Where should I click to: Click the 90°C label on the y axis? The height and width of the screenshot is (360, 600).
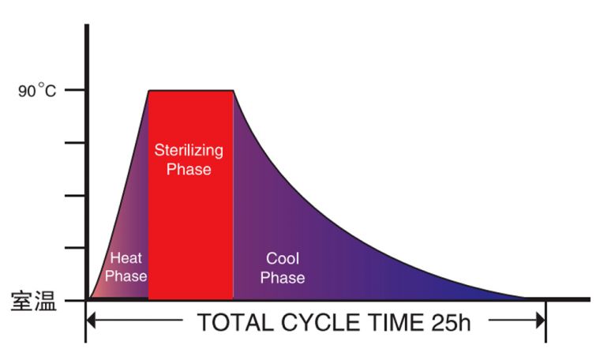38,91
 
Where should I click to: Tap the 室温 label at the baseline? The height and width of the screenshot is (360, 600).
34,301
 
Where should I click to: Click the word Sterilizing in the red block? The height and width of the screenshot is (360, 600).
189,150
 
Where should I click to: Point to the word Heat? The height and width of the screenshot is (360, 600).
126,258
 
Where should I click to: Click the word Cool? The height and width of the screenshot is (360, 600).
282,259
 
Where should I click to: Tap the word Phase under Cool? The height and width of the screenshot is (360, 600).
282,277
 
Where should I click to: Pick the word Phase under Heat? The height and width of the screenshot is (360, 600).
126,276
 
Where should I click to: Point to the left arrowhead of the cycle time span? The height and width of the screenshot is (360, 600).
91,321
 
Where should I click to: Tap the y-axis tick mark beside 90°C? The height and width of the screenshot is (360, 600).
77,90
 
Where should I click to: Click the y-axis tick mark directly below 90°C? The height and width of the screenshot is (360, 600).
77,143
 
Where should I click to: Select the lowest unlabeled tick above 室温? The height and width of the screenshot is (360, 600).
77,248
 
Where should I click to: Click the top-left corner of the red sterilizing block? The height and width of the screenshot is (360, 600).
149,91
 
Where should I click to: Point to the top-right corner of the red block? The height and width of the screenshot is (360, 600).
233,91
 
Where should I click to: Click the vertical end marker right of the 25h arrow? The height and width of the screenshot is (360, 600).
546,321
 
